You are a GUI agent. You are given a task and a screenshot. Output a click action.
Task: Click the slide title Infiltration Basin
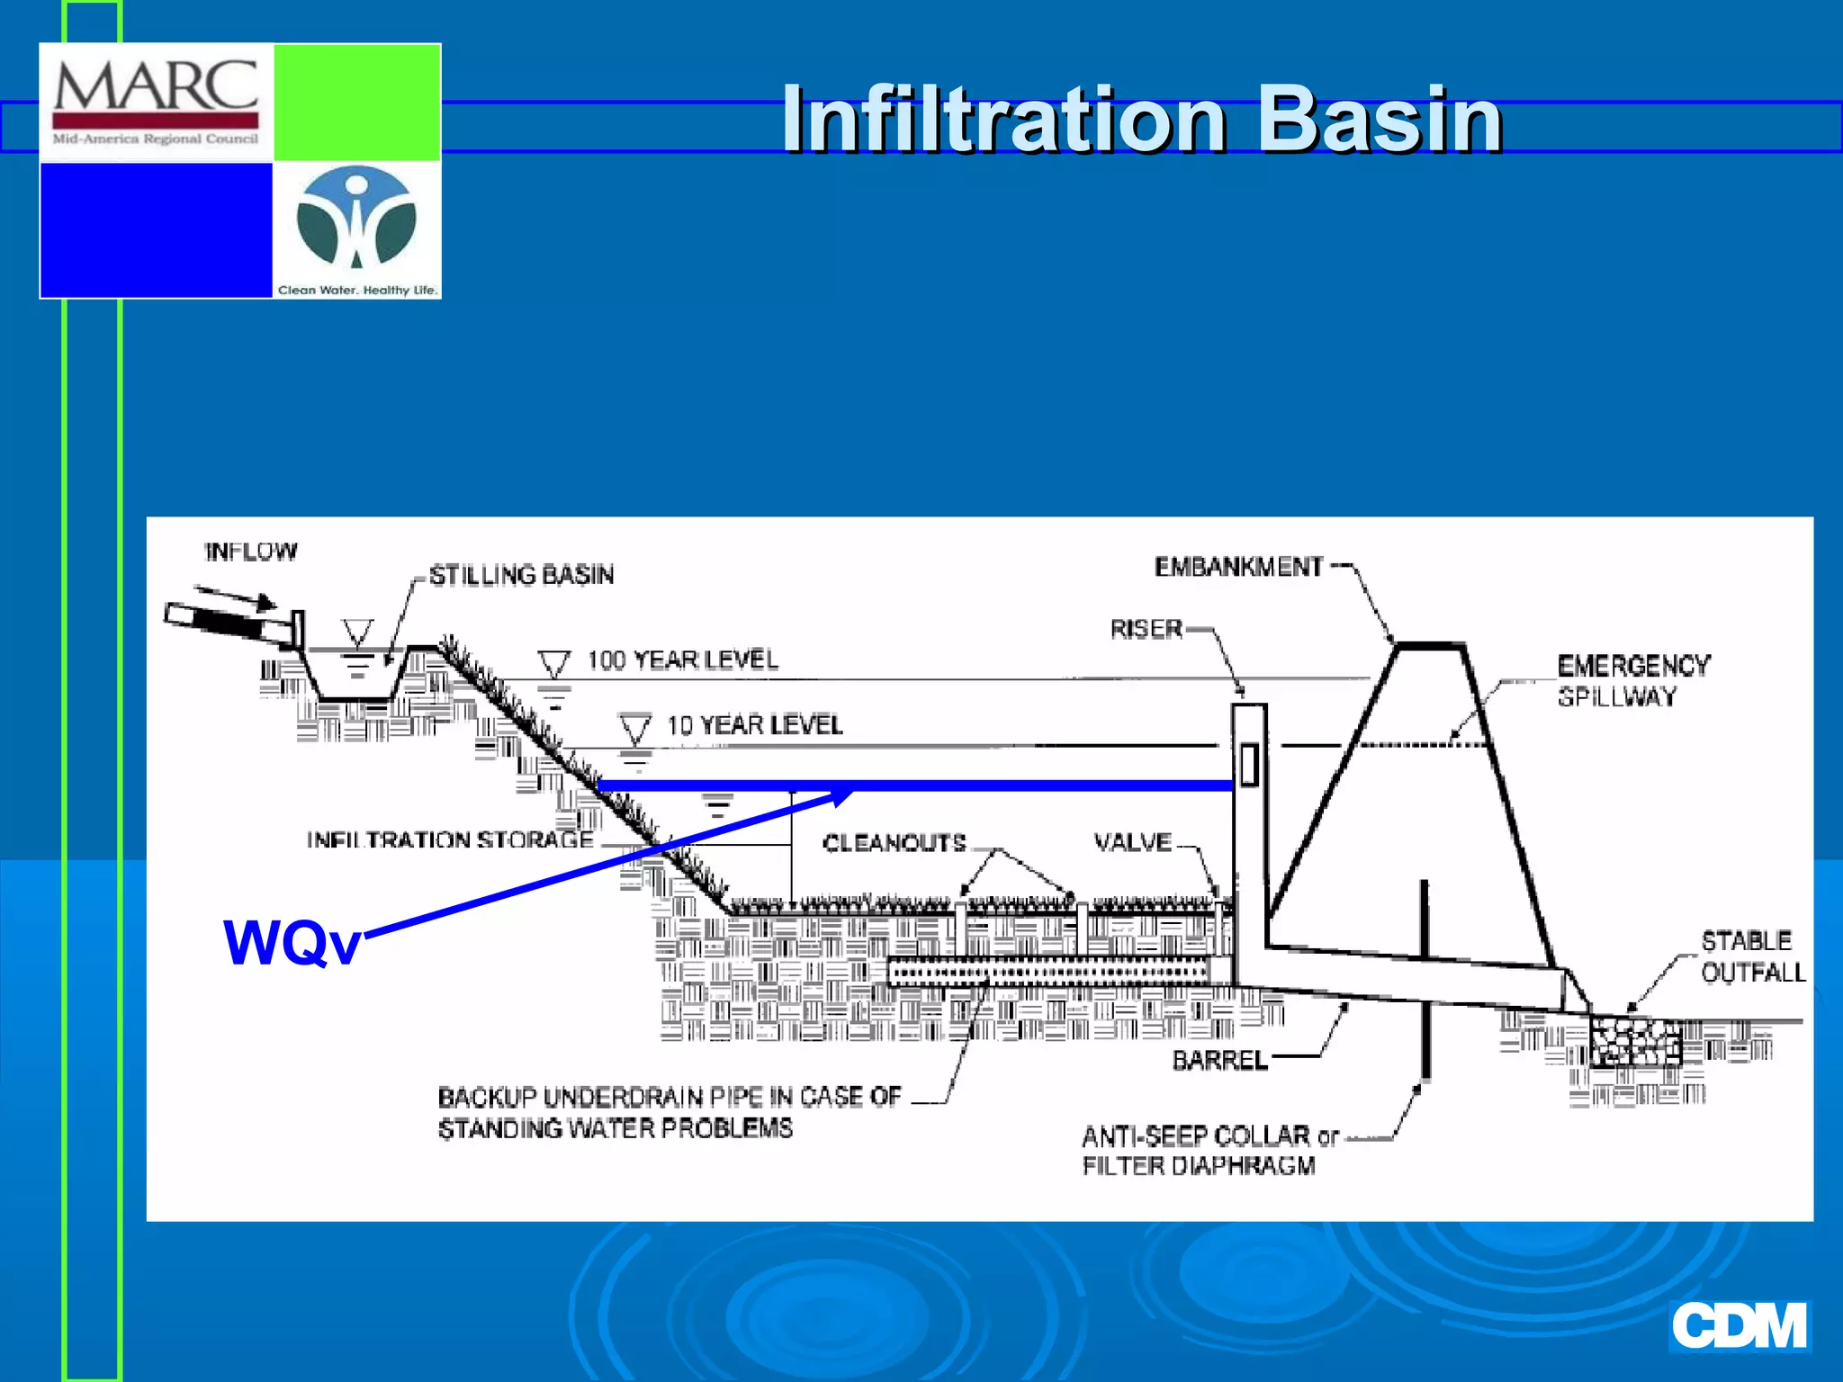point(1141,120)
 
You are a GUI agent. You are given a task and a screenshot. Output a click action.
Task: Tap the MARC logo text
point(156,87)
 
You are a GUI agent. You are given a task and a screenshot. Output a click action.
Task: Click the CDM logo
point(1739,1325)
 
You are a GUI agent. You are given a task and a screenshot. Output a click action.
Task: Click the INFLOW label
point(251,552)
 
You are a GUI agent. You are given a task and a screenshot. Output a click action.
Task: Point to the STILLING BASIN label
point(521,575)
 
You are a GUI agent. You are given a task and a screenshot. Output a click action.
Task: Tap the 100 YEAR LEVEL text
point(682,660)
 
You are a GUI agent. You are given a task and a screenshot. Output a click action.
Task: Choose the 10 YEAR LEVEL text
point(754,725)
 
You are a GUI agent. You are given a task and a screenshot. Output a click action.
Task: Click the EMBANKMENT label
point(1239,567)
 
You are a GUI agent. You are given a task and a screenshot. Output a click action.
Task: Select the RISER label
point(1146,629)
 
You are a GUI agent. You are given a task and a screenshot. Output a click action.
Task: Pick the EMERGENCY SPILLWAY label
point(1632,680)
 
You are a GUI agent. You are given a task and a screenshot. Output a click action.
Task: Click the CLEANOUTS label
point(894,843)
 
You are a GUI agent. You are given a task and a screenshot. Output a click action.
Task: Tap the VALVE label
point(1132,842)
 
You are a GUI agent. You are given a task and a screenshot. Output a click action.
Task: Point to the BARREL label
point(1219,1061)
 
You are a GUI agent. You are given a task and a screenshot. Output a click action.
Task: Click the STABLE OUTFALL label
point(1751,956)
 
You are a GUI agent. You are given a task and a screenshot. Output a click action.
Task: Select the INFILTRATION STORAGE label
point(450,839)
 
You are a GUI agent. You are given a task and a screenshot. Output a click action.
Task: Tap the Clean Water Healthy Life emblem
point(357,219)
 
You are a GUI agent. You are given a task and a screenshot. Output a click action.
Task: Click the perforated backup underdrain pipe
point(1048,973)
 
